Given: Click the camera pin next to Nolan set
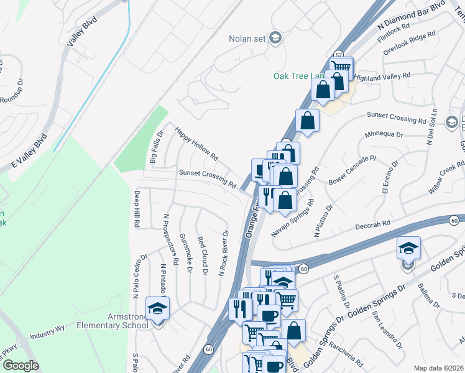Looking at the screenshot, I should (276, 39).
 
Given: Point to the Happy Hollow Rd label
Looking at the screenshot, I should (196, 143).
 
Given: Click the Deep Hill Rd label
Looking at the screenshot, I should (136, 208).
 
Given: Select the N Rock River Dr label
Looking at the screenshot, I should (222, 254).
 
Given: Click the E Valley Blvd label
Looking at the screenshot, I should (30, 152).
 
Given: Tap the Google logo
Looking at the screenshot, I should (20, 366).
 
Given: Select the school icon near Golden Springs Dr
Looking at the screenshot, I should (408, 249).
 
